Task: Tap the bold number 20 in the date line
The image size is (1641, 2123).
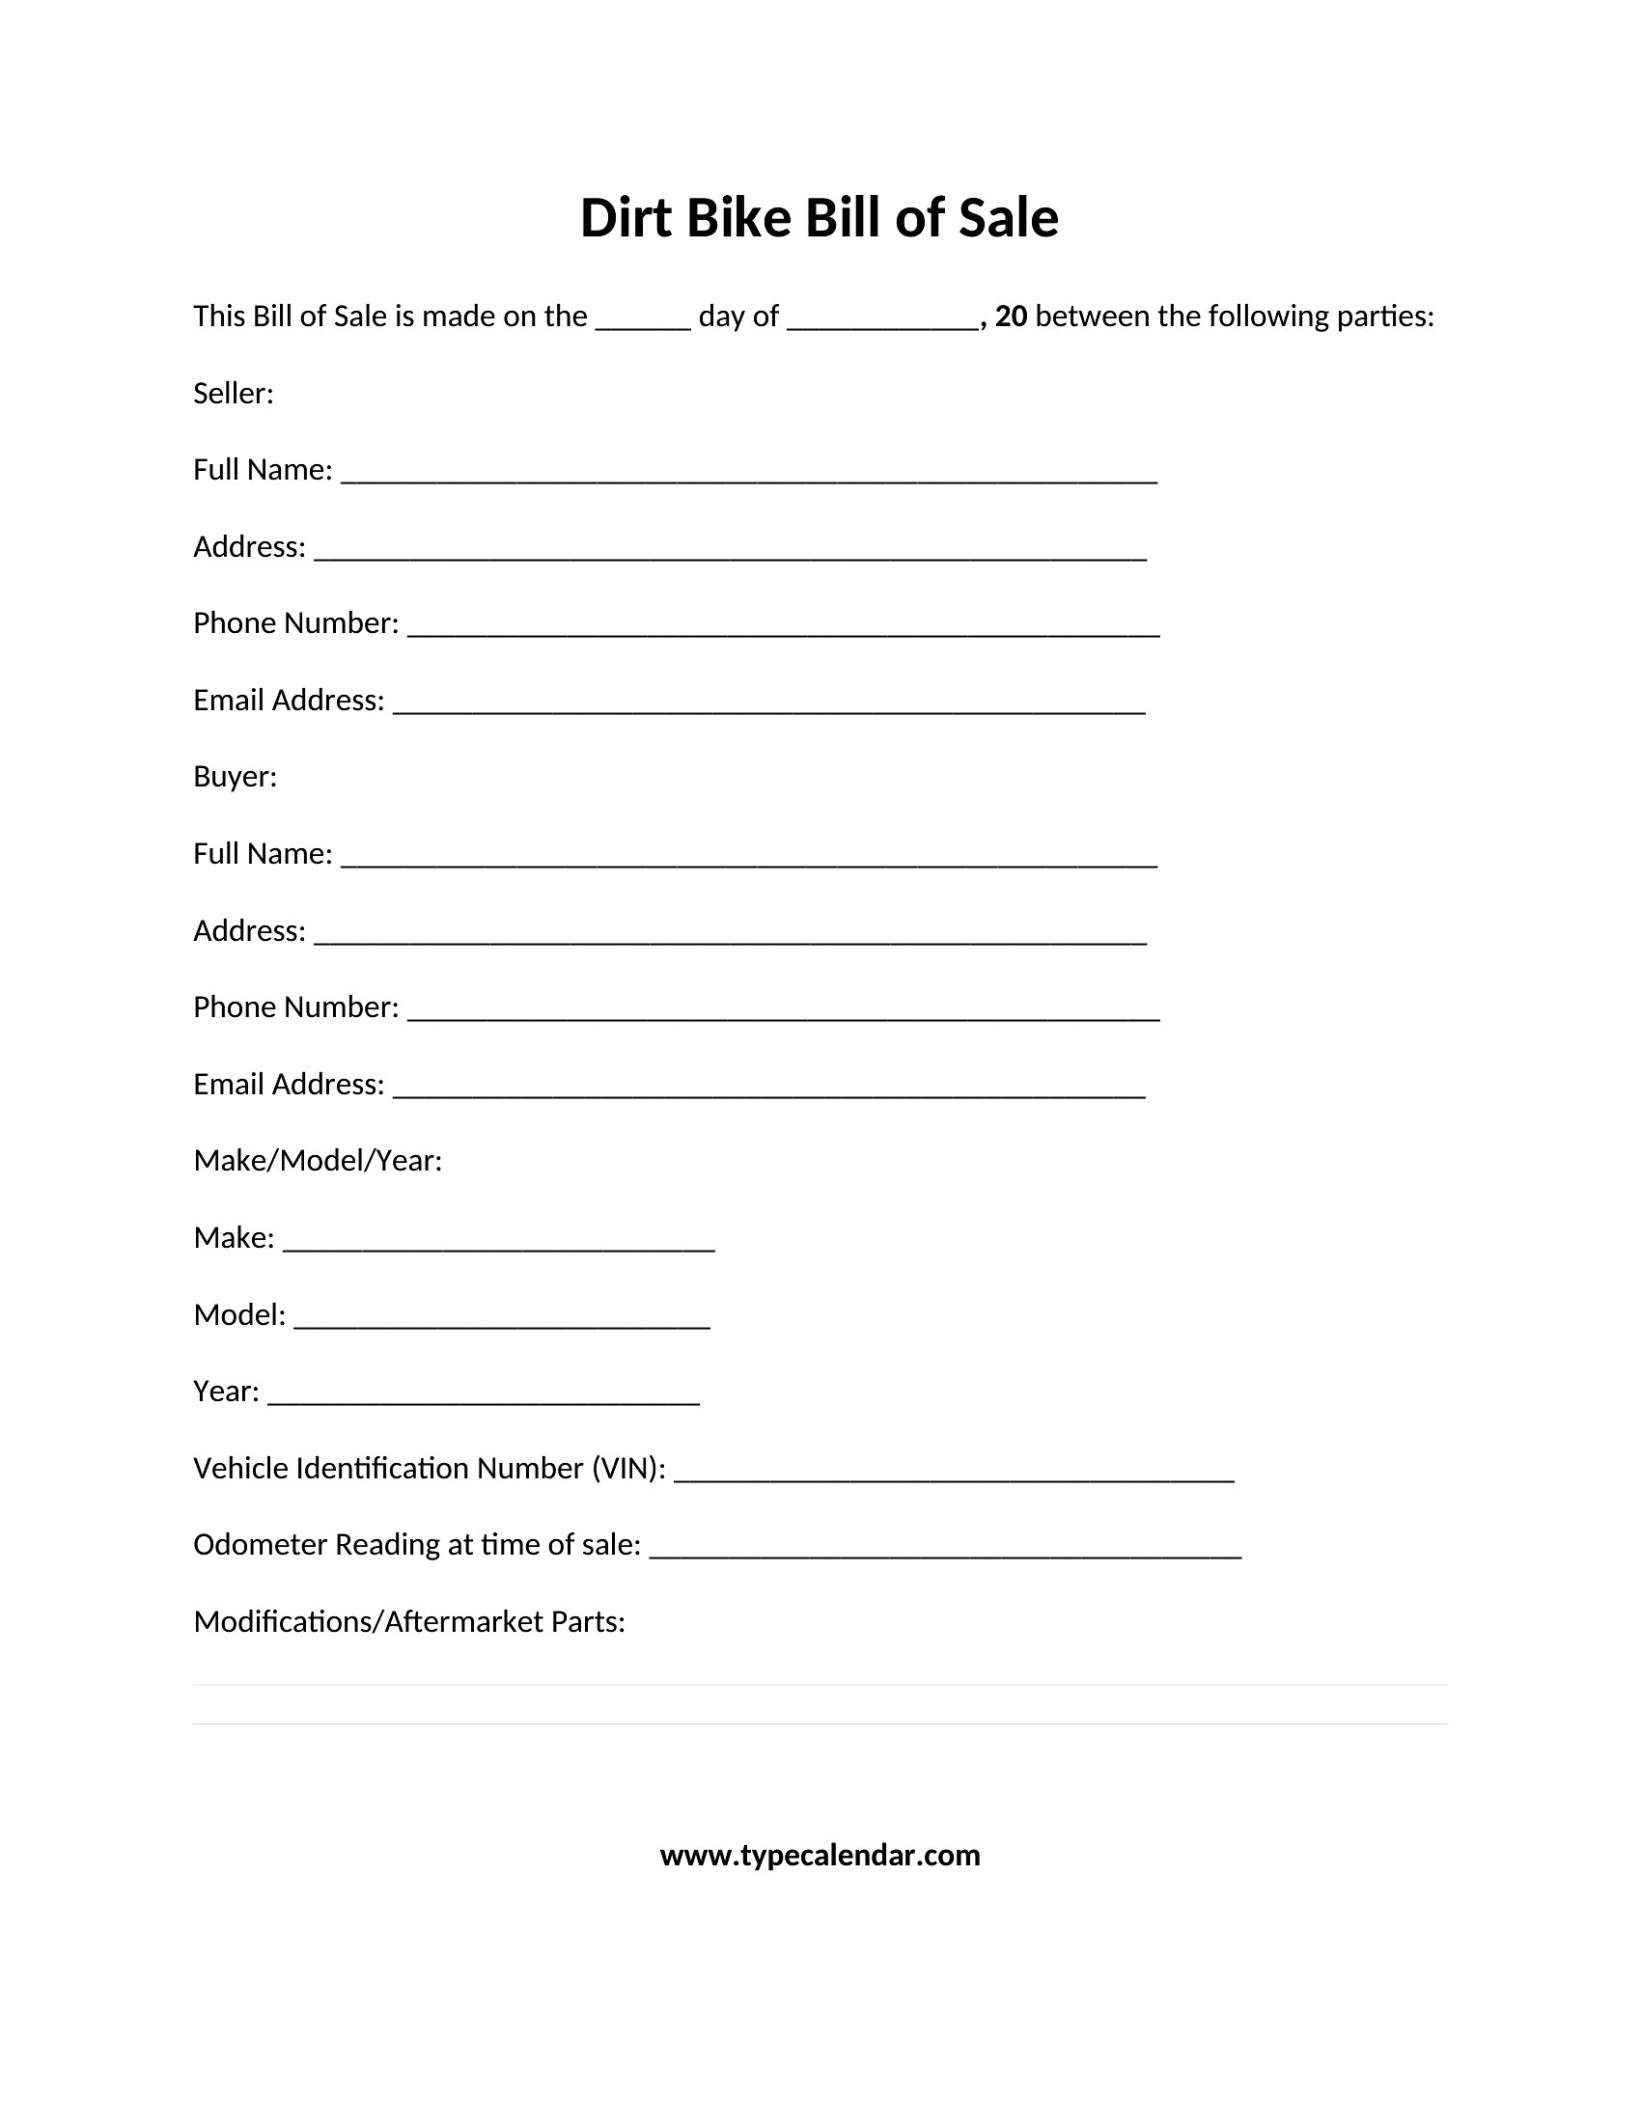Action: click(1011, 316)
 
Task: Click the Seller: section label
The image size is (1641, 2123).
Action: click(234, 394)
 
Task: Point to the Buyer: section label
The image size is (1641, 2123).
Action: click(236, 777)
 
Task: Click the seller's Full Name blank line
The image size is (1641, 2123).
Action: click(748, 477)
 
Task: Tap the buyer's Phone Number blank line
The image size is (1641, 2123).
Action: click(784, 1014)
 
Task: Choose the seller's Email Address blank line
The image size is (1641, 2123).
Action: click(769, 707)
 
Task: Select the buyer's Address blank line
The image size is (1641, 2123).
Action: click(730, 938)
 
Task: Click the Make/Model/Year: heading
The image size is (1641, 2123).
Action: click(318, 1161)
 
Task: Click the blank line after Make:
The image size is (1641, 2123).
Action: click(499, 1245)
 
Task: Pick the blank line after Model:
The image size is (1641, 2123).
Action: click(502, 1322)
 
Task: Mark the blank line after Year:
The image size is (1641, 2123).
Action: click(484, 1399)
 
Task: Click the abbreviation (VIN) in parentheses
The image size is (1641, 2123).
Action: click(629, 1468)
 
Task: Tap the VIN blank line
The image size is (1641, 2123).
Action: click(954, 1475)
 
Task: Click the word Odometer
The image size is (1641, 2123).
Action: click(261, 1545)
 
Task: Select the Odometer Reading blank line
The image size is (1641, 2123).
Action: click(945, 1553)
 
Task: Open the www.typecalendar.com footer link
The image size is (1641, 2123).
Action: click(820, 1856)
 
